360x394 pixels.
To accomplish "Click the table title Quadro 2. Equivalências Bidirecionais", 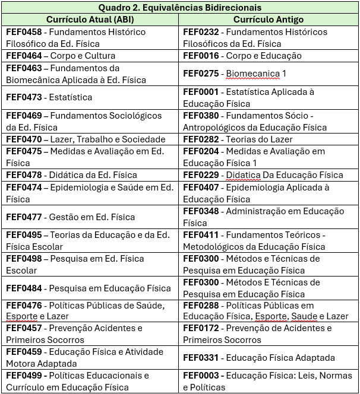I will [x=179, y=7].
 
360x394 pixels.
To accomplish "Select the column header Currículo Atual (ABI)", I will [x=90, y=20].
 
